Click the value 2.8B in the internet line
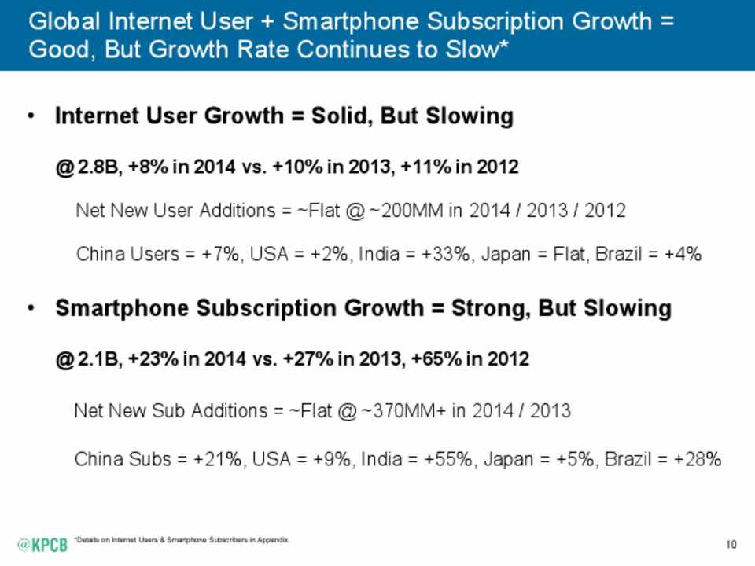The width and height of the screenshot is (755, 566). tap(97, 167)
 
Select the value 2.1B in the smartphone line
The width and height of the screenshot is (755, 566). tap(97, 359)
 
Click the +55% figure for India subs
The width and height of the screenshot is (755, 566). tap(451, 459)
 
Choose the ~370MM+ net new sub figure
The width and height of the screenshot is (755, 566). tap(405, 411)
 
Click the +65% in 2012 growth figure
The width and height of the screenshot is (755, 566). tap(429, 359)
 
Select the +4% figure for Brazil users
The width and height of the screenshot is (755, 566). tap(683, 255)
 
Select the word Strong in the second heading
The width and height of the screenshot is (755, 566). tap(487, 308)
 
